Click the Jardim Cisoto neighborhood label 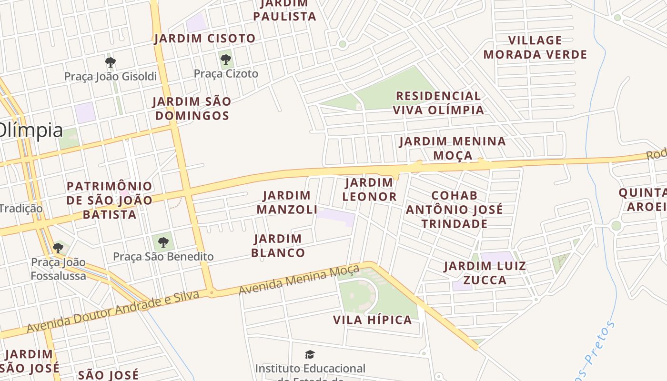[204, 39]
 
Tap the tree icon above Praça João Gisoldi [111, 62]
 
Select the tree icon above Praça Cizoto [226, 60]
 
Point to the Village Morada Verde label [535, 47]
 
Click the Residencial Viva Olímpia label [438, 103]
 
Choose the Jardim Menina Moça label [452, 148]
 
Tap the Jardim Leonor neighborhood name [369, 190]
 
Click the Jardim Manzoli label [287, 202]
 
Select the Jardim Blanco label [278, 246]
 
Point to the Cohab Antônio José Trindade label [454, 210]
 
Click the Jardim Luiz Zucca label [485, 273]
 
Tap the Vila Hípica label [372, 320]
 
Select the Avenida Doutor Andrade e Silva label [113, 312]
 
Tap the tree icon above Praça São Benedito [163, 242]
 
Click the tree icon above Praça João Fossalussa [58, 248]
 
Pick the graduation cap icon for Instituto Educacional [310, 354]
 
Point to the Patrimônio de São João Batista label [109, 200]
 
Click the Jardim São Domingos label [192, 108]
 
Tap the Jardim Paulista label [284, 10]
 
